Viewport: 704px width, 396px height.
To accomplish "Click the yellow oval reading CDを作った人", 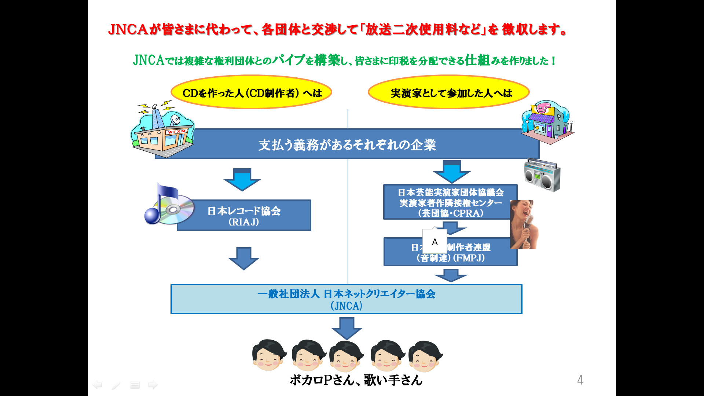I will [252, 92].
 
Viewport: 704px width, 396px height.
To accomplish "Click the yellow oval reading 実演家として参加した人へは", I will [449, 92].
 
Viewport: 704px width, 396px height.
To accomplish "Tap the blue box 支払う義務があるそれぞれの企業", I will [347, 144].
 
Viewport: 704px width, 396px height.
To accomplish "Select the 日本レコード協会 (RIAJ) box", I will [244, 216].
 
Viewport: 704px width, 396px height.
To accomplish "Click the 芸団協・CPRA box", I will [450, 202].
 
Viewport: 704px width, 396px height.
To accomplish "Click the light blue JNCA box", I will [346, 299].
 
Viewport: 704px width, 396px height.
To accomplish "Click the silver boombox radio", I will [542, 175].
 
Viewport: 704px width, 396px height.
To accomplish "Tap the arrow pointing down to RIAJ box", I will [242, 180].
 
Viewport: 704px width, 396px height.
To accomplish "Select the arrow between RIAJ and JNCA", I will [244, 258].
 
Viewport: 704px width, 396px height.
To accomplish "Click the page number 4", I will [580, 380].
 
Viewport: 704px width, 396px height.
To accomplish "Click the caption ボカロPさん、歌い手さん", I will [356, 380].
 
